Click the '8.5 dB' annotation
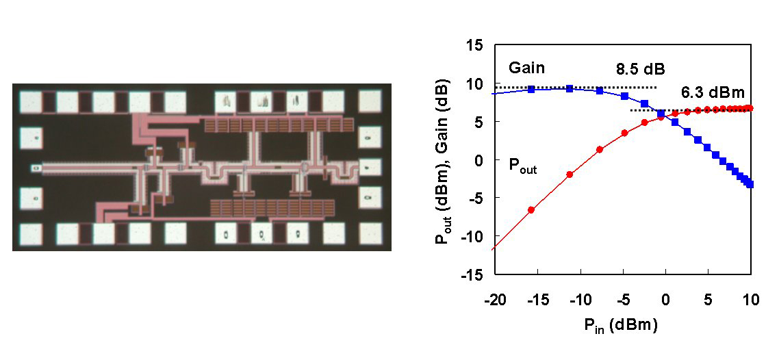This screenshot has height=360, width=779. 641,68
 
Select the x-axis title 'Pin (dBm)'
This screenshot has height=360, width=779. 621,326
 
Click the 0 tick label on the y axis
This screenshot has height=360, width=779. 483,160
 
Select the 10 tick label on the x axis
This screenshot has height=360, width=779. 751,300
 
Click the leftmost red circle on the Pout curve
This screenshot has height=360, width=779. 531,210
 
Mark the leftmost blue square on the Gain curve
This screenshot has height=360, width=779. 531,90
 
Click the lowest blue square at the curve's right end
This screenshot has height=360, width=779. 750,184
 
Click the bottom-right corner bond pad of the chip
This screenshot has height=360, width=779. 370,234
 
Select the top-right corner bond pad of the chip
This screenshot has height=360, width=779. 370,101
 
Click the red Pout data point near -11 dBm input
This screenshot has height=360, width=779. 570,175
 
